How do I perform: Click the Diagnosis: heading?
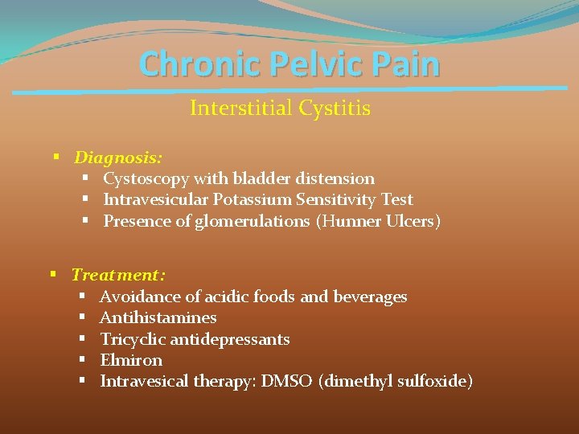tap(118, 158)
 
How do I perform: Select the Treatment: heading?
tap(118, 275)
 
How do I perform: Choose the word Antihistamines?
tap(158, 317)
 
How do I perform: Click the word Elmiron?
tap(130, 360)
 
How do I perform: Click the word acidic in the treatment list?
tap(228, 297)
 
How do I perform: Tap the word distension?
tap(338, 178)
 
